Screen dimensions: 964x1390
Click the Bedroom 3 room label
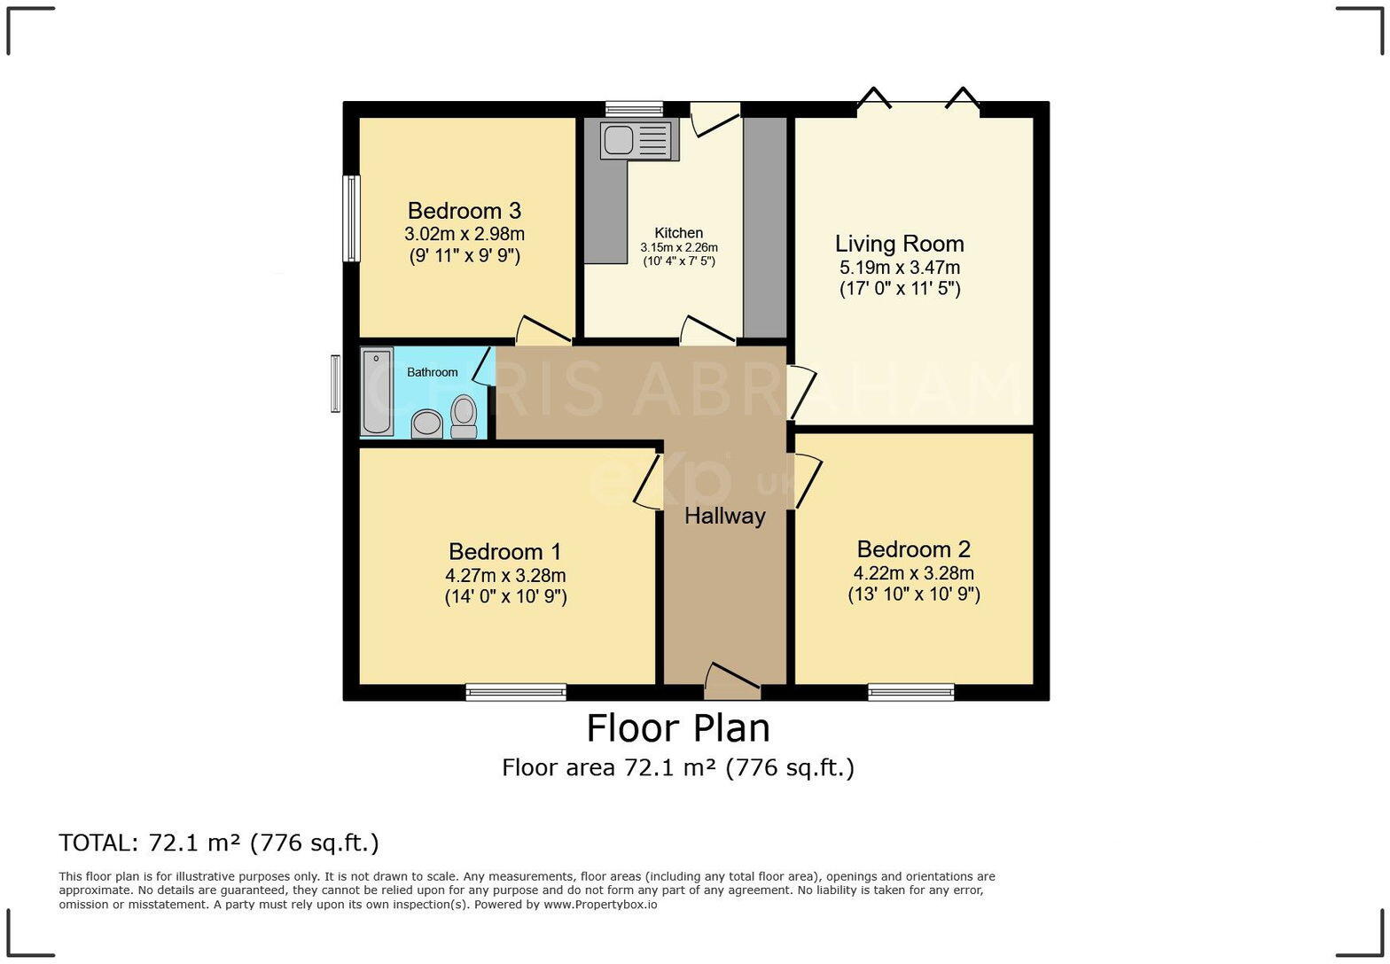tap(464, 211)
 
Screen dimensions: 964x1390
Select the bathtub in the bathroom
tap(377, 392)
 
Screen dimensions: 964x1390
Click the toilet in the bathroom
tap(464, 416)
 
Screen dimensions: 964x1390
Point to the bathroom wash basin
tap(427, 424)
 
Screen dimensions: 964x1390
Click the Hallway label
tap(724, 516)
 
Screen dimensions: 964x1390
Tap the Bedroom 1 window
tap(516, 692)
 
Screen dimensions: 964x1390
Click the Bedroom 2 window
tap(910, 692)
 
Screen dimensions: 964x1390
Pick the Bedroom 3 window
tap(352, 218)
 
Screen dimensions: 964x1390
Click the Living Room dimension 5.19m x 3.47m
tap(899, 268)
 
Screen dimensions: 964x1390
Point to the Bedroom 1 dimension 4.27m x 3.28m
tap(505, 575)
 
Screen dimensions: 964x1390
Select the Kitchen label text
tap(679, 233)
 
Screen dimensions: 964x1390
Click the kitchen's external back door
tap(715, 119)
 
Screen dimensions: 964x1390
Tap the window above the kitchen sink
tap(634, 109)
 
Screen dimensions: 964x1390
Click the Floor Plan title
tap(678, 728)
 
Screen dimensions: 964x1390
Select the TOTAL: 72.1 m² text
tap(218, 843)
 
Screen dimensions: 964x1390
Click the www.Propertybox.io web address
tap(600, 905)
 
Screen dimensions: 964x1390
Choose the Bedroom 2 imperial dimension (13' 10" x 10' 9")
tap(913, 595)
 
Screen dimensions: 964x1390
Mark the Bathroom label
tap(433, 372)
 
